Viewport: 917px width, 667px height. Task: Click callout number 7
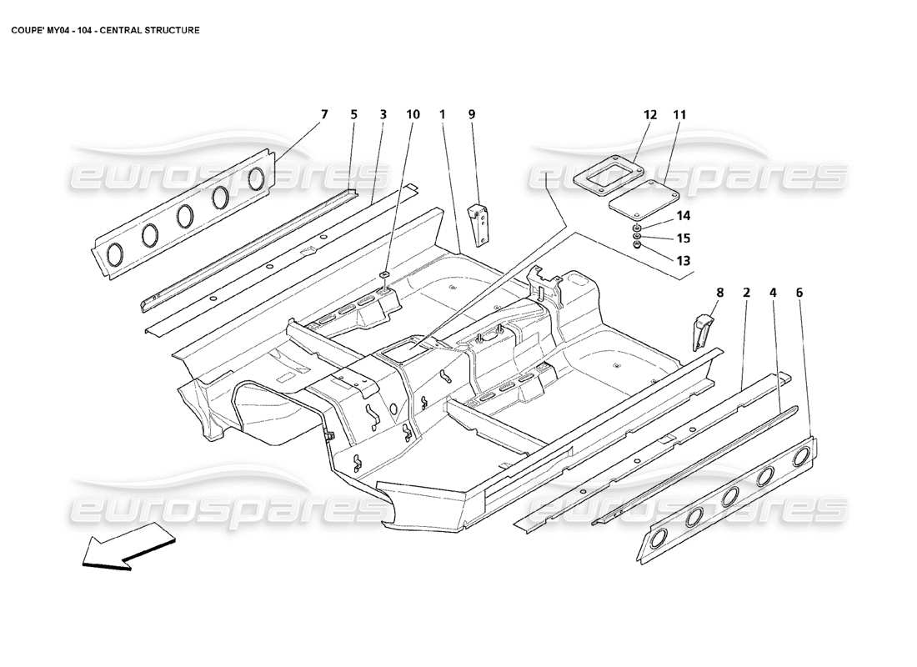click(325, 113)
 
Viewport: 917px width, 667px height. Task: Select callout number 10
click(413, 113)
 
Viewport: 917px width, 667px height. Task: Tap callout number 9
click(471, 113)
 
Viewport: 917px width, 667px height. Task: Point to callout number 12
click(650, 114)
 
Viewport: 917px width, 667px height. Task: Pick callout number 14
click(683, 215)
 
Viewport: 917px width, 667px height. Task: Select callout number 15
click(683, 238)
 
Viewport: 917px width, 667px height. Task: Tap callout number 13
click(683, 260)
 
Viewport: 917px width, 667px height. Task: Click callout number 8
click(719, 293)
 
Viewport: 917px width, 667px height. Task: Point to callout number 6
click(799, 293)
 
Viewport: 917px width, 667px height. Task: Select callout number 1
click(443, 113)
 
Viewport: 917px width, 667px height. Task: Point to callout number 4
click(773, 293)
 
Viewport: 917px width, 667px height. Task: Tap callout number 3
click(383, 113)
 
